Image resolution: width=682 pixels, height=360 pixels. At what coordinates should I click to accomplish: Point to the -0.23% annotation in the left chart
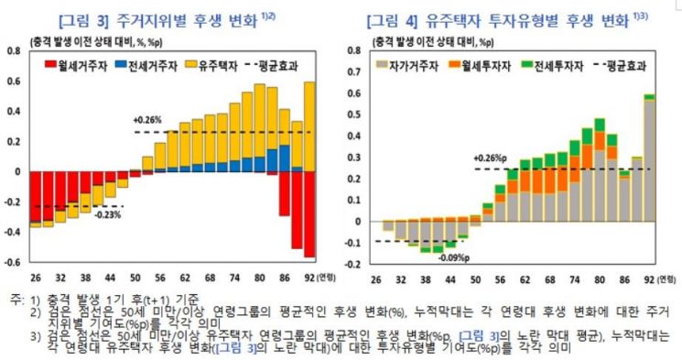tap(107, 214)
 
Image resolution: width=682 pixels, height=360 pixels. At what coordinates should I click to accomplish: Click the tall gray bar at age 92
tap(649, 159)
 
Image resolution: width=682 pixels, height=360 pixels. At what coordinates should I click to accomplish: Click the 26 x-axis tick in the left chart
tap(34, 276)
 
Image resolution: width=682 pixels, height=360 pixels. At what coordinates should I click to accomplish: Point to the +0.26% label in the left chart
tap(146, 120)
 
